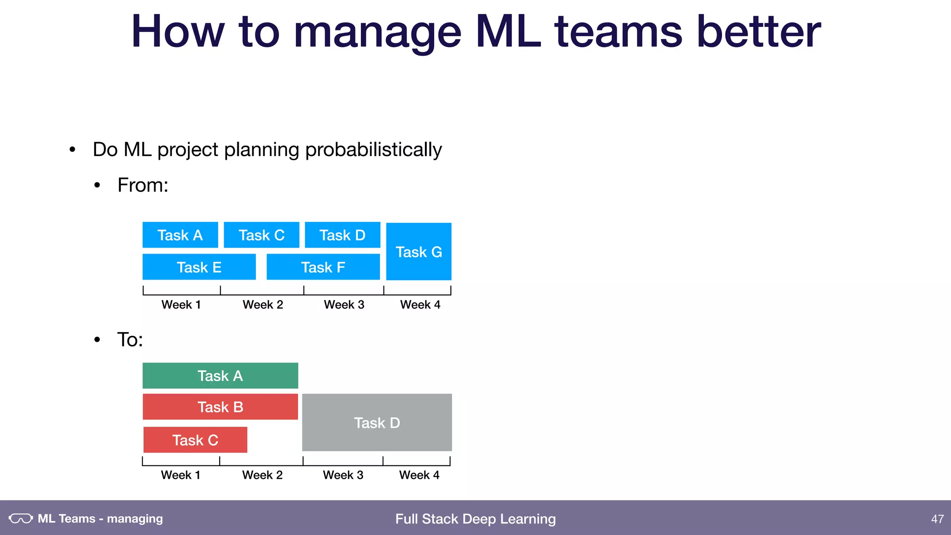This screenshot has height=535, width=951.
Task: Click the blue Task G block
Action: (418, 251)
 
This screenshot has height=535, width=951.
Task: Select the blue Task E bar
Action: (199, 267)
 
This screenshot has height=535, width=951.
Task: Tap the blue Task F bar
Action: (323, 267)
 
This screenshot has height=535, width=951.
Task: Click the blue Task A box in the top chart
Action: (180, 235)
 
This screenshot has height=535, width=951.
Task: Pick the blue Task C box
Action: (261, 235)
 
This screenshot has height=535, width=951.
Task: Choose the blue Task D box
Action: (342, 235)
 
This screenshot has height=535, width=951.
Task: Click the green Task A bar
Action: (220, 376)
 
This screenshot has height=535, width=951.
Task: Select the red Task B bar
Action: (220, 407)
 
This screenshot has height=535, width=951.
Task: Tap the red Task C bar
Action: (195, 440)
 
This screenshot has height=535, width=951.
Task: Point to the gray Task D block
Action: (377, 423)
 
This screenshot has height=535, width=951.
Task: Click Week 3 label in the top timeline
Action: (344, 305)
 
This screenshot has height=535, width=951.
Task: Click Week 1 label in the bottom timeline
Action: (181, 475)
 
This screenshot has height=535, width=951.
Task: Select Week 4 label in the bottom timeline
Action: (419, 475)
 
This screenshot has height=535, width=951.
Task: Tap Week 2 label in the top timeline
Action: (263, 305)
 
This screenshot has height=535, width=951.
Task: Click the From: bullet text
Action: (143, 185)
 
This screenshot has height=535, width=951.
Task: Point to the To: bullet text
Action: (130, 339)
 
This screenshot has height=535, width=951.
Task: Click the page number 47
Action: (937, 519)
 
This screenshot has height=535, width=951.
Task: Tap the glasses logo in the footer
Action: (21, 518)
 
